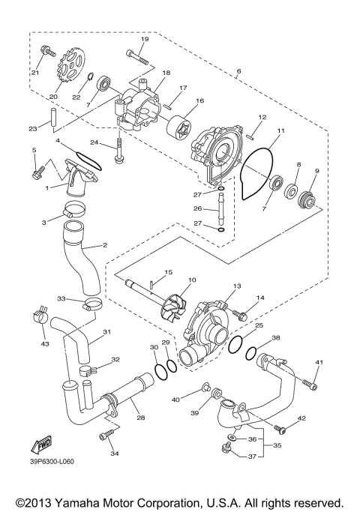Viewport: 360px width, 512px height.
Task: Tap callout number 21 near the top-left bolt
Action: click(x=34, y=72)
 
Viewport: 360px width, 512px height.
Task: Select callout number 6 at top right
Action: click(x=238, y=72)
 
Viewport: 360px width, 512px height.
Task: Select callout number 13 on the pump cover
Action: click(x=237, y=286)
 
